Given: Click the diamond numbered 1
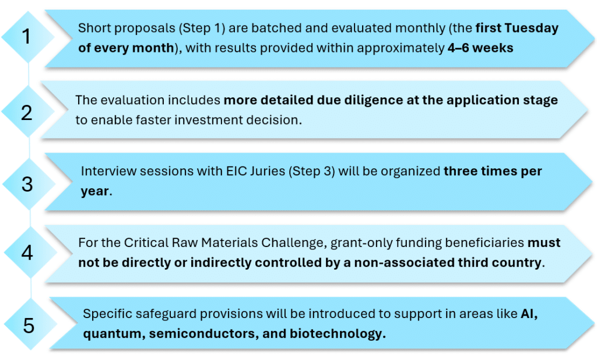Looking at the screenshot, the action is click(28, 37).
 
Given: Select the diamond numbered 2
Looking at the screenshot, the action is click(28, 111).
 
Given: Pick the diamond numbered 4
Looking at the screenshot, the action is click(30, 252).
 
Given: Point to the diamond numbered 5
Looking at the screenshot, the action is click(30, 324).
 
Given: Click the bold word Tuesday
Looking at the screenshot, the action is click(532, 29).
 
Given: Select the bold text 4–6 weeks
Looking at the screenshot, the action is click(480, 48).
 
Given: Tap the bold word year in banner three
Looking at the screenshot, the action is click(95, 192).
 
